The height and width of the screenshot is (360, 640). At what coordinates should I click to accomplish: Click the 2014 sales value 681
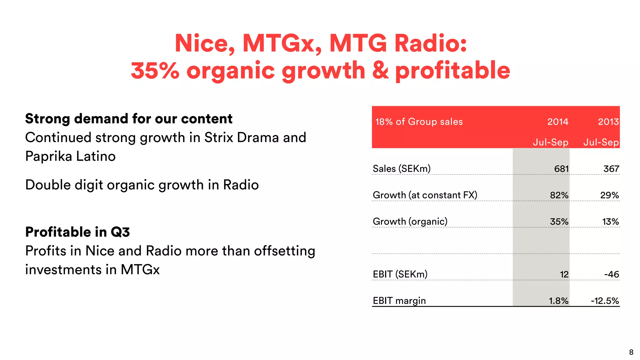pyautogui.click(x=561, y=169)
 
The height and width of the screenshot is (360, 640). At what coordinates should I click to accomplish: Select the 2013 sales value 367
pyautogui.click(x=611, y=169)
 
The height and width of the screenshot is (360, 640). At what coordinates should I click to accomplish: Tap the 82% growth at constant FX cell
pyautogui.click(x=559, y=195)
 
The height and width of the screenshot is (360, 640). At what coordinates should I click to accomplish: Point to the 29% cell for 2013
pyautogui.click(x=609, y=195)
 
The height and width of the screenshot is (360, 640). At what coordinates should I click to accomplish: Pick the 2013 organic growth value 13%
pyautogui.click(x=610, y=222)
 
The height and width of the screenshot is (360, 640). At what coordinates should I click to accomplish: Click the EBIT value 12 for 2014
pyautogui.click(x=564, y=274)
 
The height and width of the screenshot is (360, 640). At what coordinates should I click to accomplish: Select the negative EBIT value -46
pyautogui.click(x=612, y=274)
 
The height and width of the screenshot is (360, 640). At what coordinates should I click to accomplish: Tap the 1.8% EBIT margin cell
pyautogui.click(x=558, y=301)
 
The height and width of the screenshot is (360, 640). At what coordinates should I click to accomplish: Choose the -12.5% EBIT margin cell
pyautogui.click(x=605, y=301)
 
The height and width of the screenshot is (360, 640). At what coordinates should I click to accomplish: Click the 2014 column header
pyautogui.click(x=557, y=122)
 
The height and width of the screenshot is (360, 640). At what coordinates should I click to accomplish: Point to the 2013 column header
pyautogui.click(x=608, y=122)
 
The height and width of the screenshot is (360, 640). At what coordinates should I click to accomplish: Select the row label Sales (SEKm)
pyautogui.click(x=402, y=169)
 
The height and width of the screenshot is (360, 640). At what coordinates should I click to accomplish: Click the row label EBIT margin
pyautogui.click(x=399, y=301)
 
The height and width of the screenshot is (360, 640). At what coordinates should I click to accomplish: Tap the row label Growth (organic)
pyautogui.click(x=410, y=222)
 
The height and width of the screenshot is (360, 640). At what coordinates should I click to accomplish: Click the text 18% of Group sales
pyautogui.click(x=419, y=122)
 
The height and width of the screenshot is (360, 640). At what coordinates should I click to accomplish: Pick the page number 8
pyautogui.click(x=631, y=352)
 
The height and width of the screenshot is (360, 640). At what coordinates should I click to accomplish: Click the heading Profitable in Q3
pyautogui.click(x=77, y=232)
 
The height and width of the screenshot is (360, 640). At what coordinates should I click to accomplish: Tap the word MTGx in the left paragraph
pyautogui.click(x=140, y=270)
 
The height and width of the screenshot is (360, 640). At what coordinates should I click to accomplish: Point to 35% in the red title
pyautogui.click(x=155, y=70)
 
